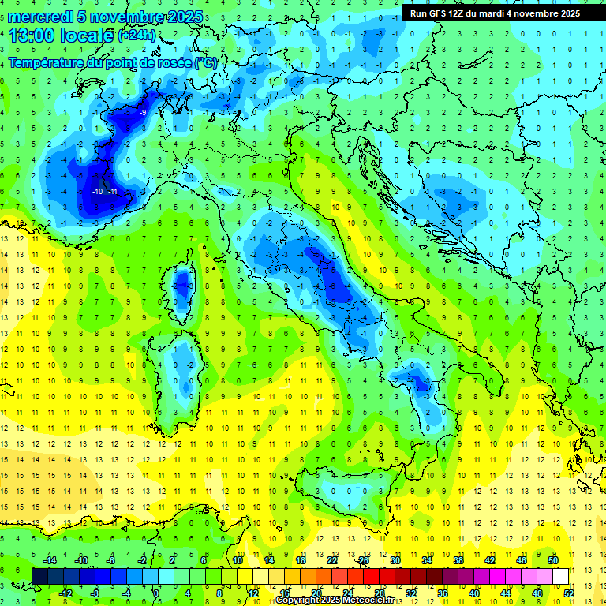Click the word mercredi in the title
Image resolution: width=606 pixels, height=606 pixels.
[x=42, y=17]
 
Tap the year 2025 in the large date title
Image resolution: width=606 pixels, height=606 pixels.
[x=185, y=17]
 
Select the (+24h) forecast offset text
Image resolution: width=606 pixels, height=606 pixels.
[x=137, y=36]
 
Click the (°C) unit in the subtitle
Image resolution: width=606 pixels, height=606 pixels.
[x=205, y=62]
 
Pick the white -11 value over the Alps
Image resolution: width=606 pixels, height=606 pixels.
[x=114, y=192]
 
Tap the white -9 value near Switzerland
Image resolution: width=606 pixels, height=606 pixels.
[x=143, y=113]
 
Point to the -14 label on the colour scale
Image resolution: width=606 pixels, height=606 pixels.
[x=50, y=560]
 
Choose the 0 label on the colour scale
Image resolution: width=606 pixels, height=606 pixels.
[x=156, y=593]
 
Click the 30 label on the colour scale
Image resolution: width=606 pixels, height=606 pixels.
[x=395, y=560]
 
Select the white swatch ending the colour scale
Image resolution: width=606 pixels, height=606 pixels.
[x=561, y=577]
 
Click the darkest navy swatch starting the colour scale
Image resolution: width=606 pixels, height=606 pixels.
[x=39, y=577]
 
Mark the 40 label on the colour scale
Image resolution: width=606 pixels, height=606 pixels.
[x=474, y=593]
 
